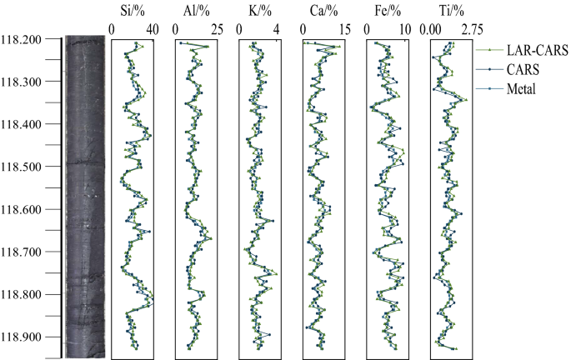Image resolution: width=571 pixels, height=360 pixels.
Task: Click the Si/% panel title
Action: [132, 10]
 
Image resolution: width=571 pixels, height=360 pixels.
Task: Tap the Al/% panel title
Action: [195, 10]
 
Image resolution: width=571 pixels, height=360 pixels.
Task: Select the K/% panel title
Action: [259, 10]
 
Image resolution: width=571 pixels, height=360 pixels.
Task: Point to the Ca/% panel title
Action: [323, 10]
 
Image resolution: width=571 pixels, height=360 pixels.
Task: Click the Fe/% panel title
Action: [387, 10]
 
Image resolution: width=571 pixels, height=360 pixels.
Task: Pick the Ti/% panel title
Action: [450, 10]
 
